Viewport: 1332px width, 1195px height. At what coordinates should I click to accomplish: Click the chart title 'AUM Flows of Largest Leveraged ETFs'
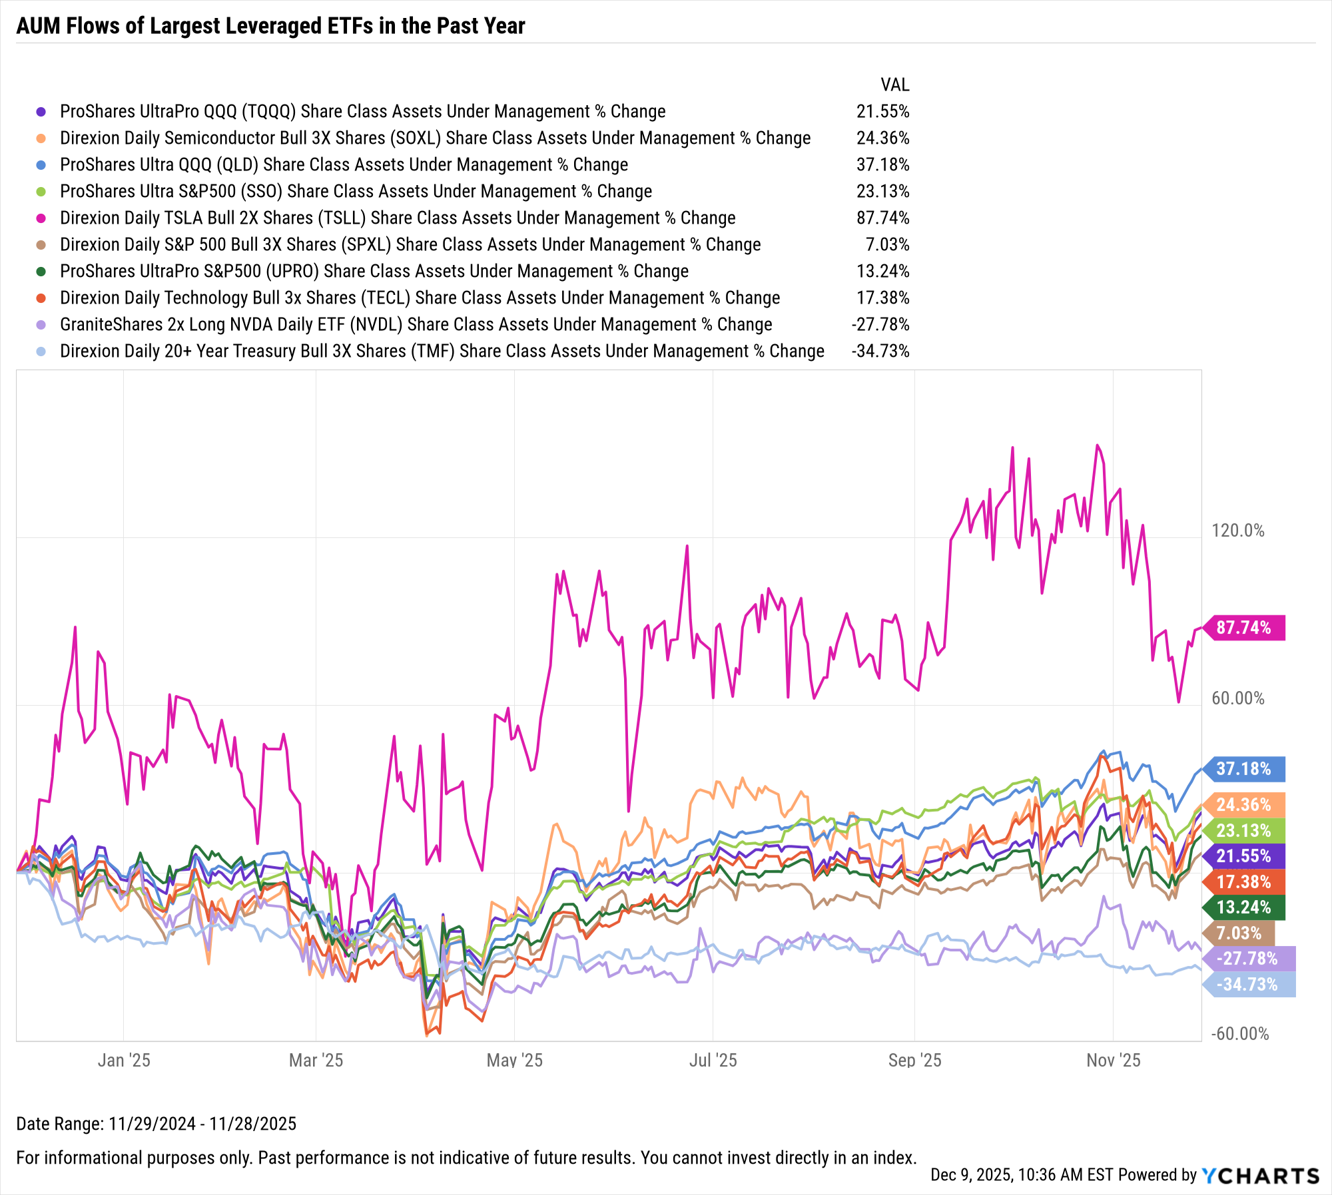point(270,26)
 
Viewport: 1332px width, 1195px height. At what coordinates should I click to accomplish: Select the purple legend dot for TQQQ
point(41,112)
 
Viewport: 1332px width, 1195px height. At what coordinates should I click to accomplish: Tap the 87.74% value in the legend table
point(882,218)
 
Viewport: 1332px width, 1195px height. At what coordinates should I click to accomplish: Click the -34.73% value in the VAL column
point(880,352)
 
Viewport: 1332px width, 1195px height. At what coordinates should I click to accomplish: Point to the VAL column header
point(894,85)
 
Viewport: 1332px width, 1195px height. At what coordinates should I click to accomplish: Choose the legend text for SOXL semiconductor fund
point(435,138)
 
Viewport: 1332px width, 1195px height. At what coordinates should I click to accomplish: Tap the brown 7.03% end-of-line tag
point(1239,933)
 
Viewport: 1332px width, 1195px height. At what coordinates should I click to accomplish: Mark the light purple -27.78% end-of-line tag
point(1247,959)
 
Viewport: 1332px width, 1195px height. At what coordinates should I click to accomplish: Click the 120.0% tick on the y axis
point(1237,531)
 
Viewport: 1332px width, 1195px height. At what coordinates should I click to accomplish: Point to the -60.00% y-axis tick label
point(1240,1034)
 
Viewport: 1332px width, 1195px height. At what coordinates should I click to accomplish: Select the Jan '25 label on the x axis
point(124,1061)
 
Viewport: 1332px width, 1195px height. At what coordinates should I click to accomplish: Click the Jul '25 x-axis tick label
point(713,1061)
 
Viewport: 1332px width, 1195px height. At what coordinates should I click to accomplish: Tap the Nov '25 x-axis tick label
point(1113,1061)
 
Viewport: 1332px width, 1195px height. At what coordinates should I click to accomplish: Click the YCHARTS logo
point(1260,1176)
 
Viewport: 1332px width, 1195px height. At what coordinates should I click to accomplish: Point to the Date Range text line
point(156,1124)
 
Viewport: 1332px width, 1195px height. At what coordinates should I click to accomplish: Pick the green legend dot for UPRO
point(41,272)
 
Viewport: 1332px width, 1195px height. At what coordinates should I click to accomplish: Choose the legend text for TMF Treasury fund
point(442,352)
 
